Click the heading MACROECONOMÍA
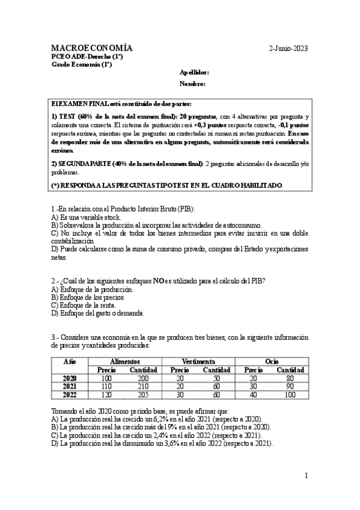click(92, 48)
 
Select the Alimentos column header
click(126, 361)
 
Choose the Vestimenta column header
click(198, 361)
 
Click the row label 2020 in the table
click(70, 378)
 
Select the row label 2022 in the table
click(70, 395)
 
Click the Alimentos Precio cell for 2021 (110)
click(106, 386)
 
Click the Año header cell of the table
click(70, 361)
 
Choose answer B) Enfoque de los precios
click(88, 297)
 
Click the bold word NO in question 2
click(159, 281)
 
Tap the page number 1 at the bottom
click(306, 476)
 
